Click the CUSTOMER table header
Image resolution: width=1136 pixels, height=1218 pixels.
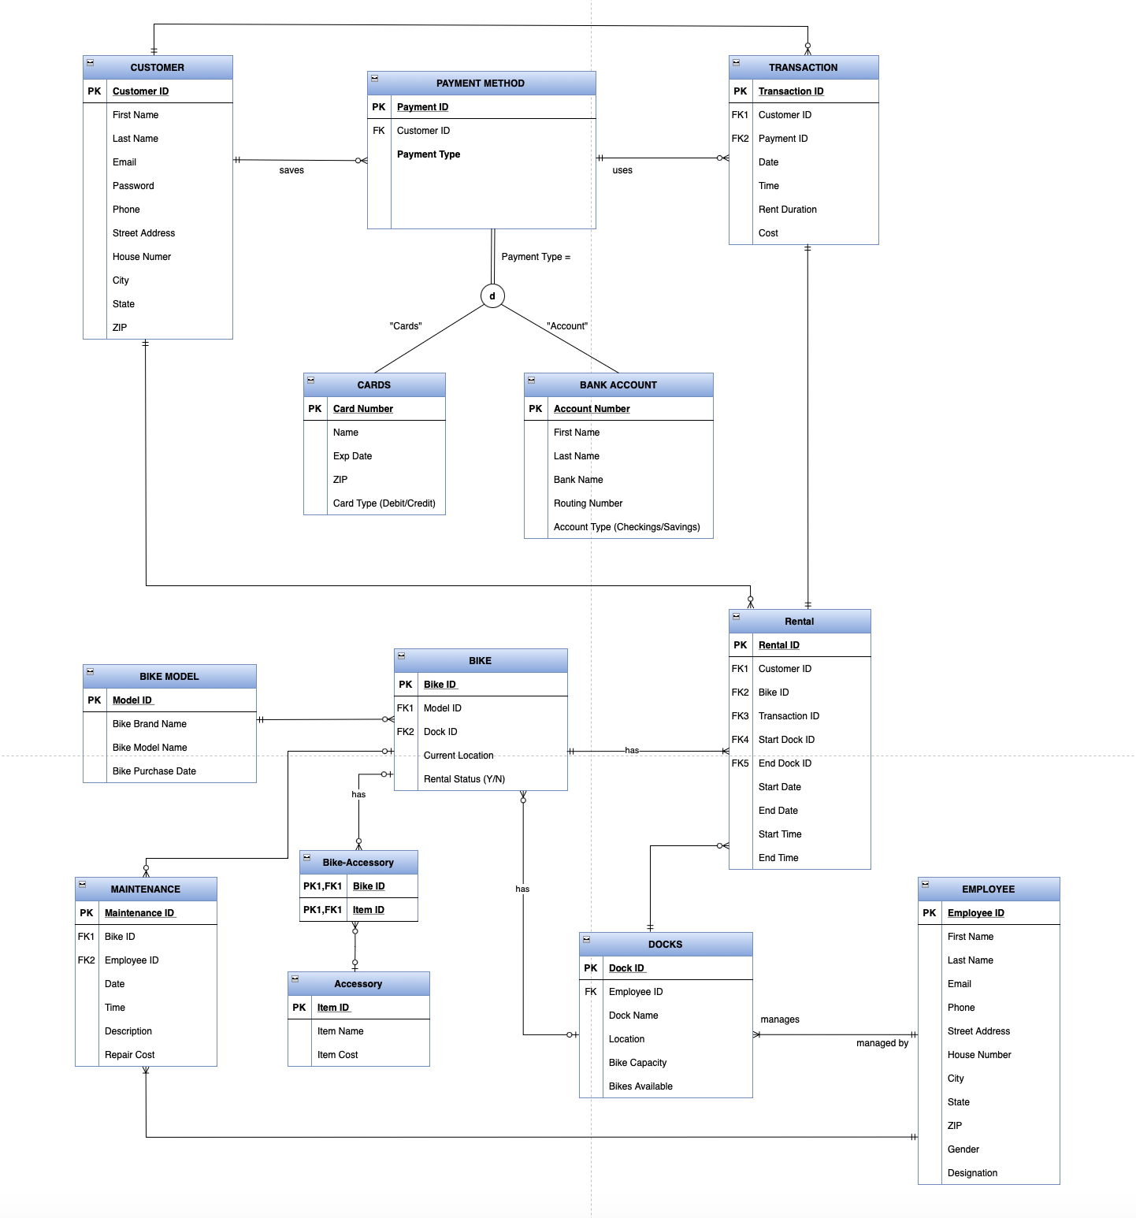coord(158,68)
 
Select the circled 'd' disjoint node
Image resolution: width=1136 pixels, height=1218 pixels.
coord(492,296)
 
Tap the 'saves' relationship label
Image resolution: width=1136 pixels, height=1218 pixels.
coord(291,170)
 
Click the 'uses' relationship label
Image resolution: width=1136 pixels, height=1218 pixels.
coord(622,170)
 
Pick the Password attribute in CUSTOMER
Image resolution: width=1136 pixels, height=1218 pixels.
coord(133,186)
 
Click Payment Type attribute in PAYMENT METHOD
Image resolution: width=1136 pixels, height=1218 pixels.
coord(429,154)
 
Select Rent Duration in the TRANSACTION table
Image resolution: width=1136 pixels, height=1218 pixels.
coord(787,210)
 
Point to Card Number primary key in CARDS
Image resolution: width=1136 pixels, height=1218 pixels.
coord(362,409)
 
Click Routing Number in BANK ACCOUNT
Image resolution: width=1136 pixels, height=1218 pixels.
coord(588,503)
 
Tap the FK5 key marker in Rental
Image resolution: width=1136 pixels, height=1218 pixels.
coord(740,763)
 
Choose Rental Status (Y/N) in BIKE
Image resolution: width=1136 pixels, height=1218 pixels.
coord(464,779)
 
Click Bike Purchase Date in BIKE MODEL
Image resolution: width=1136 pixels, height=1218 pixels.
coord(154,771)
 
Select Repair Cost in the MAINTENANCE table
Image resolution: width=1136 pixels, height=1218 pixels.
coord(129,1055)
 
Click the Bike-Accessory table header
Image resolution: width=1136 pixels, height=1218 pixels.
coord(358,863)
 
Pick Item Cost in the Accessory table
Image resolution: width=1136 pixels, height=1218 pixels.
coord(337,1055)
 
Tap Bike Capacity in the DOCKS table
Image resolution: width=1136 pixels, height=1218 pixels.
coord(637,1063)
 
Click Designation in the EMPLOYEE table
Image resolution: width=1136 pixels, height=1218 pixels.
coord(972,1173)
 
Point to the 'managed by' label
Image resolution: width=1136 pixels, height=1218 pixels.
coord(882,1043)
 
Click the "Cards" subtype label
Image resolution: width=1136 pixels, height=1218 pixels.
coord(406,326)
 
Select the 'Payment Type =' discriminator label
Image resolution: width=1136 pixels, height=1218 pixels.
coord(536,257)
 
